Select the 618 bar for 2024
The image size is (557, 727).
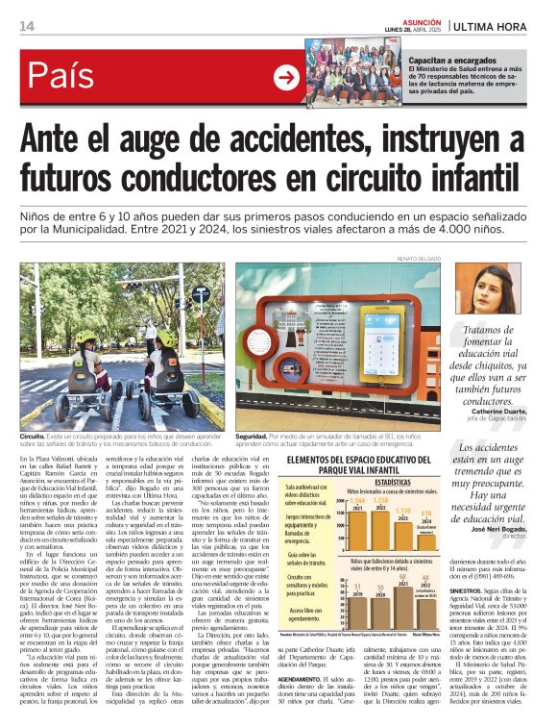pos(425,530)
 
